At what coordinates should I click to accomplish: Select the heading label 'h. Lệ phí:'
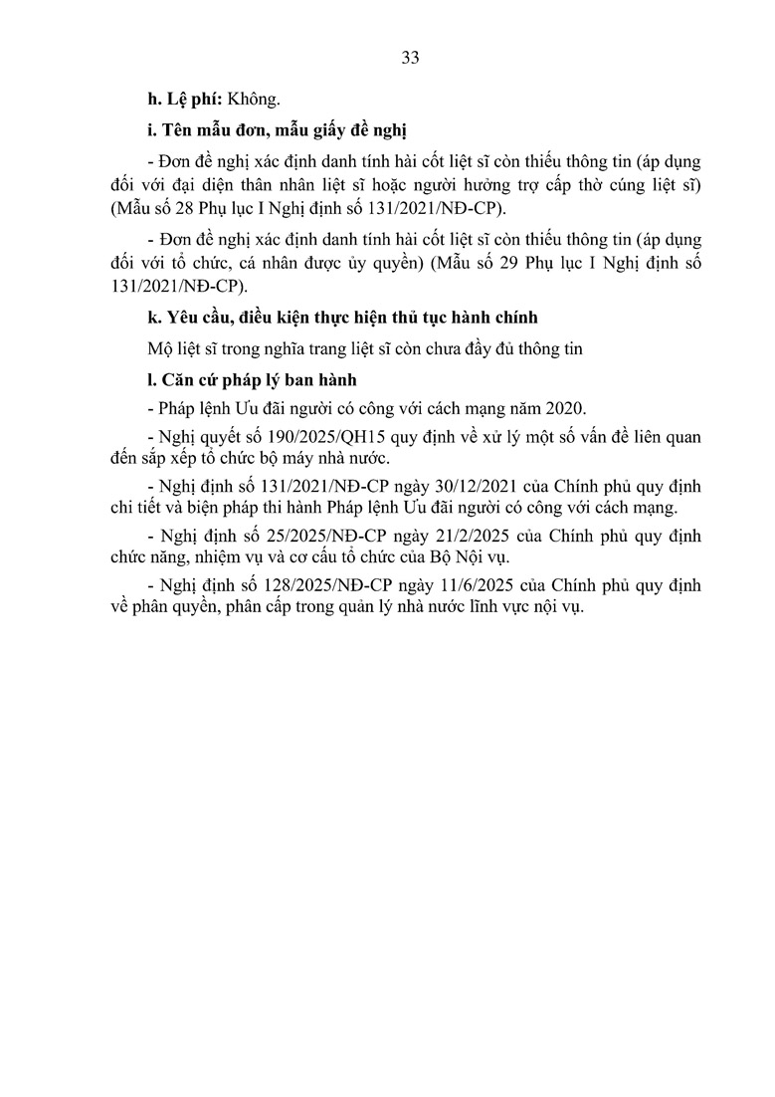(184, 99)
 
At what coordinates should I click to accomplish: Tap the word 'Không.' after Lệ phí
(255, 99)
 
